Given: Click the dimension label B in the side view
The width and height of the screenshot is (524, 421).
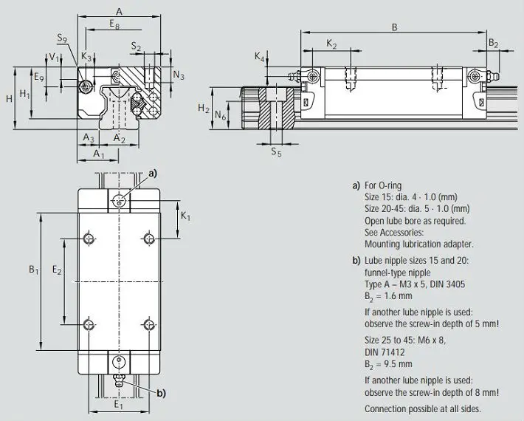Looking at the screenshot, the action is pyautogui.click(x=394, y=27).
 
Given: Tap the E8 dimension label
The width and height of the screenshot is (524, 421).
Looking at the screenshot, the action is pyautogui.click(x=114, y=24).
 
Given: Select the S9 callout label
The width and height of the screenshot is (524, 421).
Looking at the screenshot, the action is pyautogui.click(x=62, y=38).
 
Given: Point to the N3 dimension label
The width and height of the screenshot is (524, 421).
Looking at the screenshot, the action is pyautogui.click(x=179, y=75).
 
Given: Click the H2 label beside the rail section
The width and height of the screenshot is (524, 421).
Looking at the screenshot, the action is pyautogui.click(x=204, y=108).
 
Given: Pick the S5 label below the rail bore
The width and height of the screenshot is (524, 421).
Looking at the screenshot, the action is pyautogui.click(x=276, y=152).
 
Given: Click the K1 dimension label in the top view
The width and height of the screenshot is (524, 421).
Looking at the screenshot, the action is pyautogui.click(x=185, y=216).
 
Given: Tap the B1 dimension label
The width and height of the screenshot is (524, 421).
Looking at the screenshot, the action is pyautogui.click(x=34, y=270).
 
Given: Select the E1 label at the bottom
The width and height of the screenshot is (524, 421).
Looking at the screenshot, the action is pyautogui.click(x=119, y=405).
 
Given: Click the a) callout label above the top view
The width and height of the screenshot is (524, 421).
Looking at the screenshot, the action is pyautogui.click(x=153, y=174).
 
